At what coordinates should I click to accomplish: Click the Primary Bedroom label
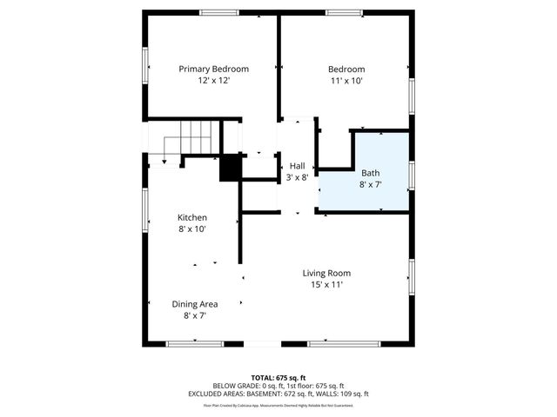(213, 69)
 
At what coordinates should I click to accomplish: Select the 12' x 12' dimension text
(213, 80)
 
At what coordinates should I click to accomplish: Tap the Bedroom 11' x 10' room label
(346, 69)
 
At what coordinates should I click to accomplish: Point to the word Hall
(297, 165)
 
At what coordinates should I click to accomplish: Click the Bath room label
(371, 173)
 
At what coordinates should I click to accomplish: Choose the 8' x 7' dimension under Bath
(371, 184)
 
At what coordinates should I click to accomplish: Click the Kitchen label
(192, 217)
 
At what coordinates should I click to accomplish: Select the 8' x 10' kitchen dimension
(192, 228)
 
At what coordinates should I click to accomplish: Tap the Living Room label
(326, 273)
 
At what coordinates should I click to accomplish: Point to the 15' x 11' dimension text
(326, 284)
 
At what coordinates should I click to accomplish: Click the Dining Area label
(194, 304)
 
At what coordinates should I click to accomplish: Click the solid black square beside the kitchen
(230, 168)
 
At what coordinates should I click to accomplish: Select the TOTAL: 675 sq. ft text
(278, 377)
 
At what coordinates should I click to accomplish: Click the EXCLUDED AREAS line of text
(278, 394)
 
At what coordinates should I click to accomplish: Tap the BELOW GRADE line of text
(278, 386)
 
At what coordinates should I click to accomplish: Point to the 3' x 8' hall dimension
(297, 176)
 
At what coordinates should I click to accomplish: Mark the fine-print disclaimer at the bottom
(278, 405)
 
